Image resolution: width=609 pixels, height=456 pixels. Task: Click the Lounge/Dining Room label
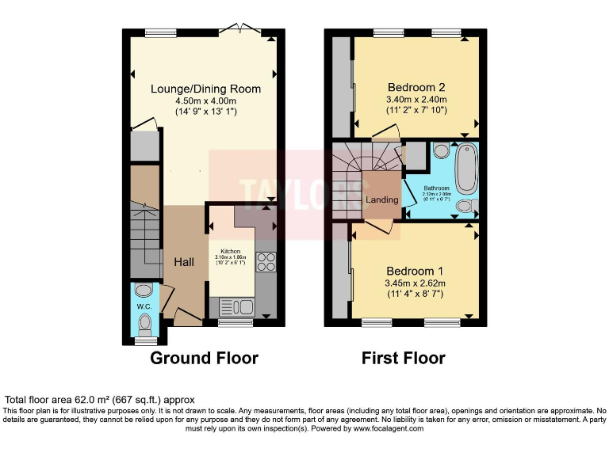pos(205,89)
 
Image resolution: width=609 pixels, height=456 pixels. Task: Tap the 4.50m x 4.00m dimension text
pos(205,101)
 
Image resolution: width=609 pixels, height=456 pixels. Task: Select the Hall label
pos(184,262)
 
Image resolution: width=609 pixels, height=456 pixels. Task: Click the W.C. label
pos(144,306)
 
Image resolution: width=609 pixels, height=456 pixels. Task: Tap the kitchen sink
pos(236,306)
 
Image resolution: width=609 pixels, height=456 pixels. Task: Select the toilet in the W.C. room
pos(144,323)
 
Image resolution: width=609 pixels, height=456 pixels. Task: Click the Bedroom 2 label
pos(416,87)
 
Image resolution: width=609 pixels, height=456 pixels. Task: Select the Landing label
pos(381,199)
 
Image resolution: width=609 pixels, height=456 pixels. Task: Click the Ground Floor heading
pos(204,358)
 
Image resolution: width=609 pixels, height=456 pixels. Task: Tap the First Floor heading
pos(403,358)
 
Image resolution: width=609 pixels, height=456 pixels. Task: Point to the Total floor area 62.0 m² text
pos(100,400)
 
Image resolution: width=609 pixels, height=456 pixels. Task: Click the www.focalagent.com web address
pos(388,428)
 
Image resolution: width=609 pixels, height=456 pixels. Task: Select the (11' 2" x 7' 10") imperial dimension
pos(416,110)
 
